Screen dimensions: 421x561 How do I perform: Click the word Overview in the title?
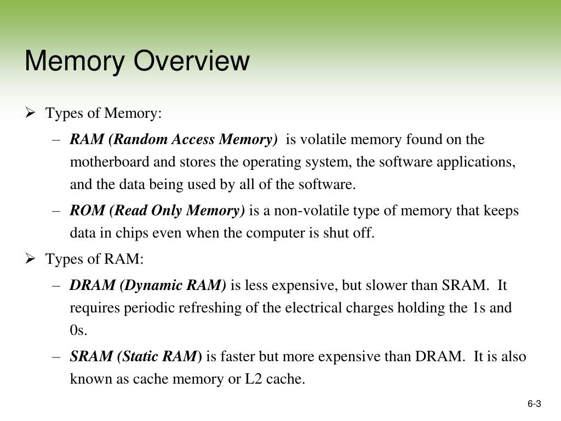click(x=192, y=61)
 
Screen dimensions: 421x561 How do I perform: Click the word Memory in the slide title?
click(x=75, y=61)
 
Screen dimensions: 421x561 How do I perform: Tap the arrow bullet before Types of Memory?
click(x=31, y=113)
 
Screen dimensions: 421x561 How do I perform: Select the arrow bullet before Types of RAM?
click(x=31, y=259)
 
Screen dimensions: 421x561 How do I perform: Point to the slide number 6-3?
click(x=534, y=405)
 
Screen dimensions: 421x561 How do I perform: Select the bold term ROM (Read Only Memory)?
click(x=157, y=210)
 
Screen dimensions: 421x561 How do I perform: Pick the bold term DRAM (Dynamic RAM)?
click(x=148, y=285)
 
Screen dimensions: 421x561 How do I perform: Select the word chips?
click(x=118, y=233)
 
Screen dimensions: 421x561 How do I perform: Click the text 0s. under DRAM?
click(x=78, y=331)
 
